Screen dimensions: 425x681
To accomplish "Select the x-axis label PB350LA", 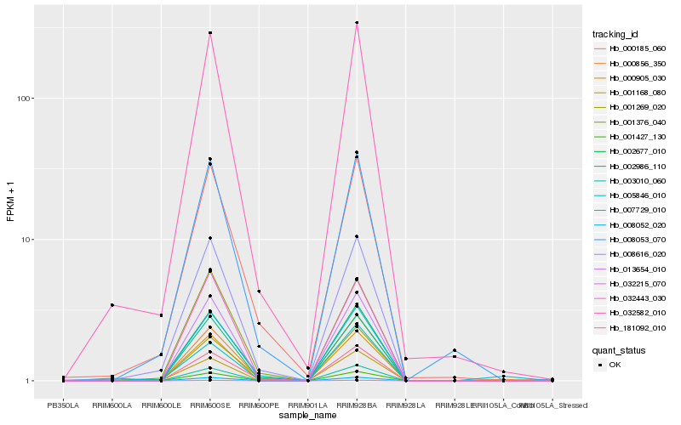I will coord(63,405).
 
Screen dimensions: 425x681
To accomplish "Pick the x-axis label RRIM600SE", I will coord(210,405).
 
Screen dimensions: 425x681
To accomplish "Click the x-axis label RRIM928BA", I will coord(357,405).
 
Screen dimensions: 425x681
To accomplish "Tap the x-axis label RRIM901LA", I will coord(307,405).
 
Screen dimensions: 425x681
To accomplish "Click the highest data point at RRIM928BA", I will coord(357,23).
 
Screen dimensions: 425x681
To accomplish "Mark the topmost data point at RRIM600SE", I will coord(210,33).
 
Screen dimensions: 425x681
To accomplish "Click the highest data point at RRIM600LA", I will coord(112,305).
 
